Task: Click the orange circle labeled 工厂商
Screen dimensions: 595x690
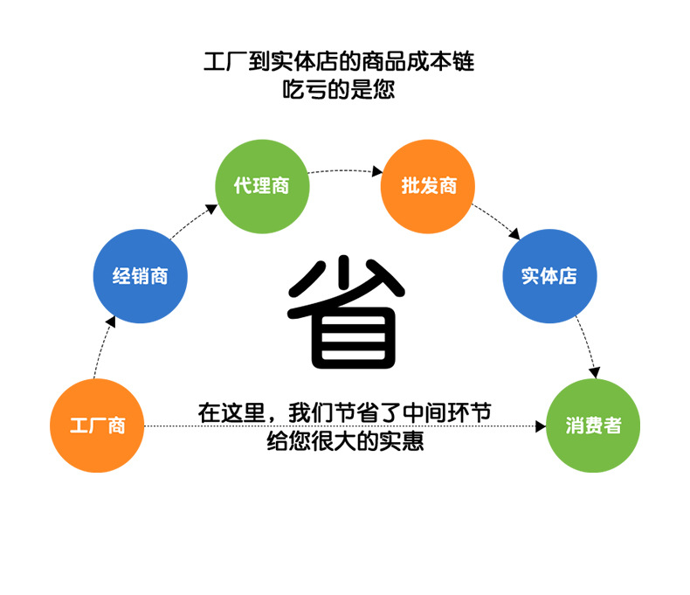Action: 97,425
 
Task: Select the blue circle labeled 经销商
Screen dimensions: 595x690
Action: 140,277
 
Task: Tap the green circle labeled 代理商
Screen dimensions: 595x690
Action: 262,186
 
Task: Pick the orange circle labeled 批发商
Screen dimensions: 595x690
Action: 428,186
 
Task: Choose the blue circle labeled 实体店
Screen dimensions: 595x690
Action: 549,277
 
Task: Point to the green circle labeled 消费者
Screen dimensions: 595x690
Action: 593,425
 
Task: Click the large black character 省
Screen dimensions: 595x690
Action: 345,313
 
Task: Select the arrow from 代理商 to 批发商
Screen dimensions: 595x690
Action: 345,170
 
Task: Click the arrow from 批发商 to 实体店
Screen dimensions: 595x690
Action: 496,222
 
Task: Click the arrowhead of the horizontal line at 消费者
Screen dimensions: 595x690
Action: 540,426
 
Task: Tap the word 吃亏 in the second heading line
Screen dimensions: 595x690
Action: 303,89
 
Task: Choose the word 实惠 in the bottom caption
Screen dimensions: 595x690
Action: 403,441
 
